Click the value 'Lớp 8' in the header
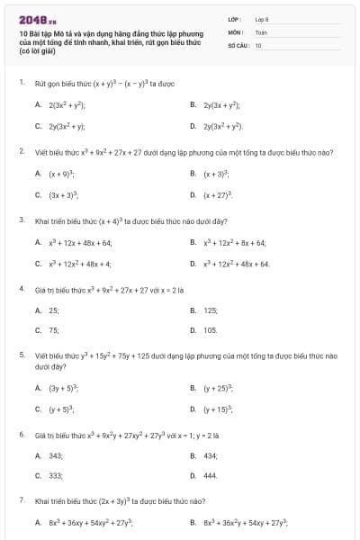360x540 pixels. pos(263,19)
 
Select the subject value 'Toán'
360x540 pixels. pos(261,31)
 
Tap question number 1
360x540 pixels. pos(21,82)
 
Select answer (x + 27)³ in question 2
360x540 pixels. pos(220,194)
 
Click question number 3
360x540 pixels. pos(21,220)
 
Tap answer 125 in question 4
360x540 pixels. pos(211,310)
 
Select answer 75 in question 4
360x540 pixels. pos(54,330)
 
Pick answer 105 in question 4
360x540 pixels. pos(211,330)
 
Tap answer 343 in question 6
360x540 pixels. pos(56,455)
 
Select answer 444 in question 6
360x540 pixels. pos(211,475)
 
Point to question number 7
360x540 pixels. pos(21,499)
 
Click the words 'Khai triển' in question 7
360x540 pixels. pos(49,499)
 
